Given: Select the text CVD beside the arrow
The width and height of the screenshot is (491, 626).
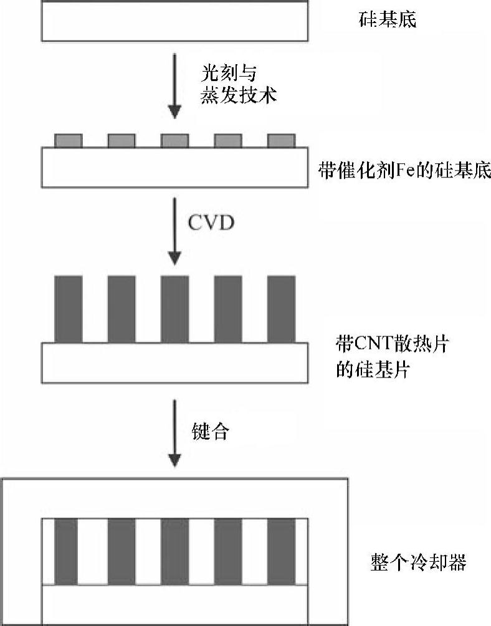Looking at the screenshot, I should (x=211, y=222).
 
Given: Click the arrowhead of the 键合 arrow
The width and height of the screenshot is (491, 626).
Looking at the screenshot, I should (x=175, y=460).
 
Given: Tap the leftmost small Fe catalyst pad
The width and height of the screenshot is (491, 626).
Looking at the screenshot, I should (x=69, y=141).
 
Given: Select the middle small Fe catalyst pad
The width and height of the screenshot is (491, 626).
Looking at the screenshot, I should (x=174, y=141).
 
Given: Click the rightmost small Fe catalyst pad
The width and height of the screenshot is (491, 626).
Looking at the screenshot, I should (x=281, y=141).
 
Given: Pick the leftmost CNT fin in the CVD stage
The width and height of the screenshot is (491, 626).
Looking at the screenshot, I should (x=69, y=309).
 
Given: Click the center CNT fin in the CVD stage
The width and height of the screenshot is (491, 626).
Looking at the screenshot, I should (x=174, y=309).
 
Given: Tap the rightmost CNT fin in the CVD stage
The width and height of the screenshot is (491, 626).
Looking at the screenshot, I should (x=281, y=309).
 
